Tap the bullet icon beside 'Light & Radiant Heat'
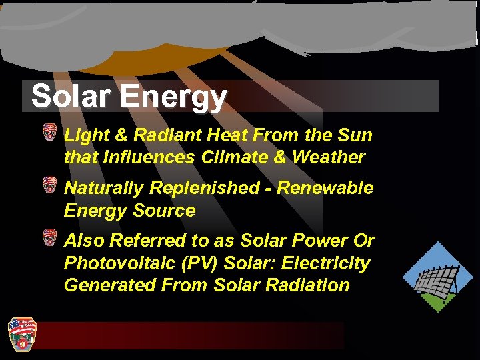point(49,132)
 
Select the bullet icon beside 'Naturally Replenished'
point(49,185)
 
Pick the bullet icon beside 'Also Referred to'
point(49,237)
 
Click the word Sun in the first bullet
point(356,135)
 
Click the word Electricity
point(325,263)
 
